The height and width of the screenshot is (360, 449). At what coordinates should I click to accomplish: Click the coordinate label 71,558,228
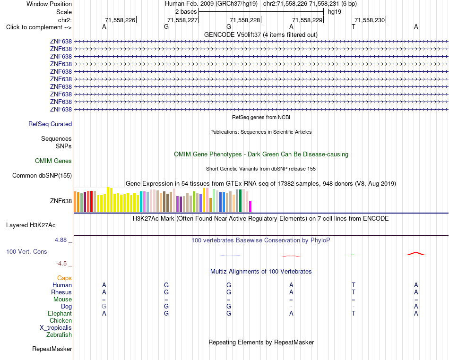245,20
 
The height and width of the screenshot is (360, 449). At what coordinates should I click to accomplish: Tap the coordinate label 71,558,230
370,20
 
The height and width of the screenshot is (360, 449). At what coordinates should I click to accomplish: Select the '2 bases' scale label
186,12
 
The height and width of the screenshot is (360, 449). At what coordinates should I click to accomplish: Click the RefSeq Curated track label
50,124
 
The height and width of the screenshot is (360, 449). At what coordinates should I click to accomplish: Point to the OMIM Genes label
53,161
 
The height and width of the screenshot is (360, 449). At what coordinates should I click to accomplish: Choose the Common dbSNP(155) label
42,175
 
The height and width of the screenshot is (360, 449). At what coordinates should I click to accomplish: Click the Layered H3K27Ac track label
31,225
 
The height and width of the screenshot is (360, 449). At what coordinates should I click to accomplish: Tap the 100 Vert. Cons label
26,251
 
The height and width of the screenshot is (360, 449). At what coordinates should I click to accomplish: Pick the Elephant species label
60,313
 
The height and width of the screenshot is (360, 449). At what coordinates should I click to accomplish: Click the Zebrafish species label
59,334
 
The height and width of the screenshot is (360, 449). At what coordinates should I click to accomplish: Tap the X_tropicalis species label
56,328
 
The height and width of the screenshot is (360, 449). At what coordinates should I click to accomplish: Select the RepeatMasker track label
52,349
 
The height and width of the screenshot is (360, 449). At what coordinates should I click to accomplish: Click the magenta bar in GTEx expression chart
250,206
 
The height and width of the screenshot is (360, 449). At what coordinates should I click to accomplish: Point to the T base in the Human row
354,285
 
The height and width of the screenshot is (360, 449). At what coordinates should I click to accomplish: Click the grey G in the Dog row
104,306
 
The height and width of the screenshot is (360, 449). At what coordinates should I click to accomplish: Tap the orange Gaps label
64,278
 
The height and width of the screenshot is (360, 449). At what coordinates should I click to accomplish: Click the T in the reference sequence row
354,26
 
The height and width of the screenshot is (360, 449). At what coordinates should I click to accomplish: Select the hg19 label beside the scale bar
335,12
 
